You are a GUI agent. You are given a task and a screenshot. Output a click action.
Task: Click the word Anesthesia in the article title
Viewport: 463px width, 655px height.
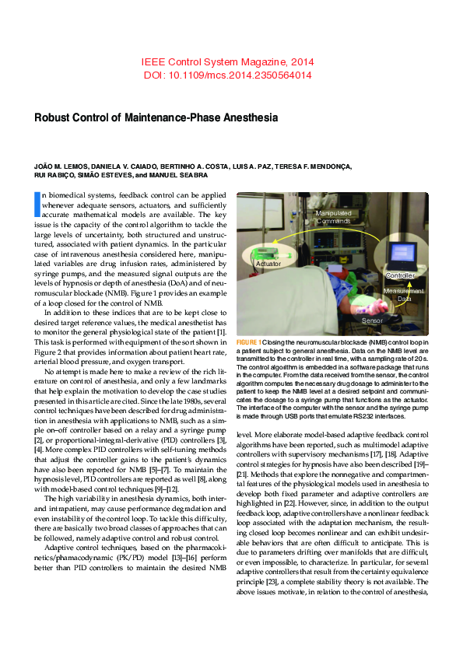click(247, 118)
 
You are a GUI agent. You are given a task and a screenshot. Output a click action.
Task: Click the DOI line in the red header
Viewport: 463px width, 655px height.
click(228, 75)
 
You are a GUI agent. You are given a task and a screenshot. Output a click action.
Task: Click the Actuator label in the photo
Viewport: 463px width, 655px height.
click(268, 264)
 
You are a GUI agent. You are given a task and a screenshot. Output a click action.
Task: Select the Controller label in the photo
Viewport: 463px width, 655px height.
click(400, 276)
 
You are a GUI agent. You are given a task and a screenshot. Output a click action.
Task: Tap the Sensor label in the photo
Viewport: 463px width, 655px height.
click(372, 320)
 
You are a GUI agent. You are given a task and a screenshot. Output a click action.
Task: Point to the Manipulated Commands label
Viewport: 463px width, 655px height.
click(333, 217)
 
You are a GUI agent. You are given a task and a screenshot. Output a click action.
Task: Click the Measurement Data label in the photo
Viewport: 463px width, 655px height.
click(404, 294)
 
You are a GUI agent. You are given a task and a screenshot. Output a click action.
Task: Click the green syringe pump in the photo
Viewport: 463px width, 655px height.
click(273, 252)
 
